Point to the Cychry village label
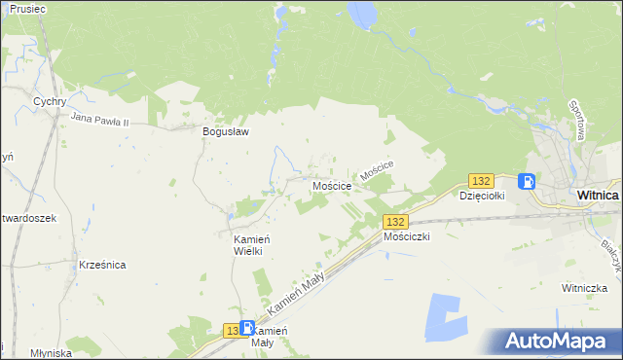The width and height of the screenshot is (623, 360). coord(49,101)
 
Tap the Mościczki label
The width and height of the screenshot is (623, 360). coord(407,236)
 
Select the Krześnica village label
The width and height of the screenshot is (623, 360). coord(103,265)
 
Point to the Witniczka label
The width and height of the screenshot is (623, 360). coord(584,288)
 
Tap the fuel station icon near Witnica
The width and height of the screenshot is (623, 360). coord(527,181)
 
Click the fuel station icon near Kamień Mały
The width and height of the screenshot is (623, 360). coord(247,329)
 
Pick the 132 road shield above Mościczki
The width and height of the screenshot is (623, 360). coord(395,222)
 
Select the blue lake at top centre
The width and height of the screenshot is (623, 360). coord(360,14)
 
